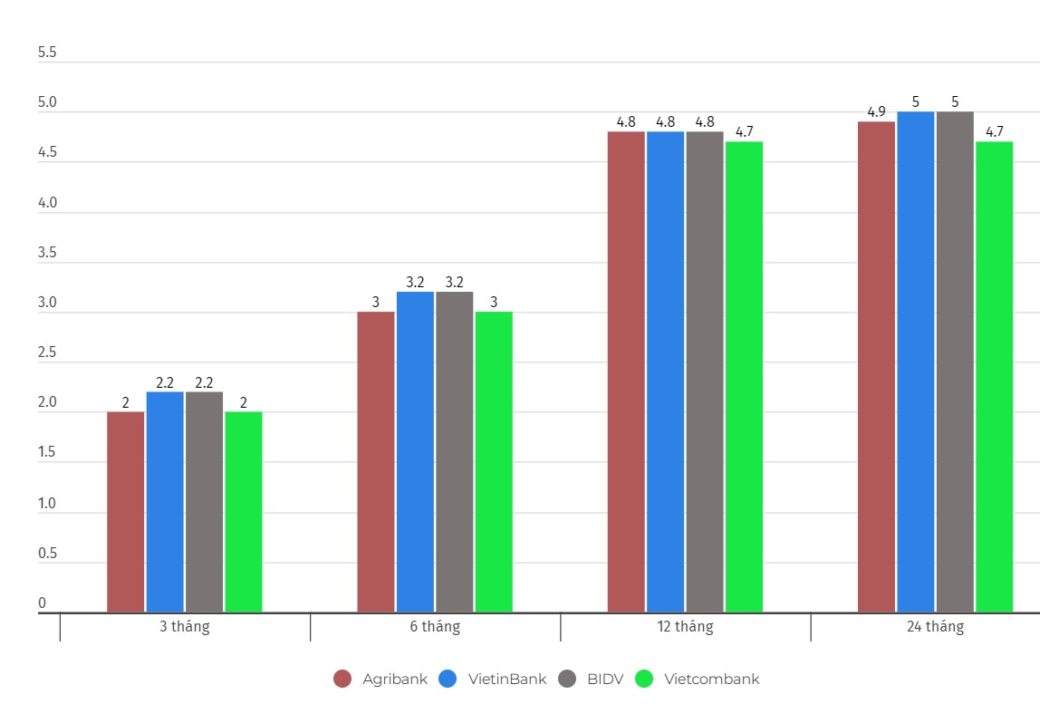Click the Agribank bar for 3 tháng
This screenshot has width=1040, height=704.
(x=125, y=512)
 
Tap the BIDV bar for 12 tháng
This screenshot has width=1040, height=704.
(x=704, y=371)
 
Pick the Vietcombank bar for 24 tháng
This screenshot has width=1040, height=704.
(x=994, y=376)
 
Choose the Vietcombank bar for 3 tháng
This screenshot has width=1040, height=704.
(x=243, y=512)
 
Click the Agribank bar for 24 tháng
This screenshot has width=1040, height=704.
(x=876, y=367)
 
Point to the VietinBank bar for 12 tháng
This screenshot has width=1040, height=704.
(x=665, y=371)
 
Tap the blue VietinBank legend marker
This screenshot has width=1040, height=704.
(x=448, y=679)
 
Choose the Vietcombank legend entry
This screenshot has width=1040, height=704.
(x=711, y=679)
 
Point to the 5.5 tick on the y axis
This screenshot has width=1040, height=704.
(x=47, y=53)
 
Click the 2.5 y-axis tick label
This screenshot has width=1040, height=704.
(x=47, y=352)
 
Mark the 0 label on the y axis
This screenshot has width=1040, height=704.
(x=42, y=603)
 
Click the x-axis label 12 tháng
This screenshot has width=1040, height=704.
(x=686, y=627)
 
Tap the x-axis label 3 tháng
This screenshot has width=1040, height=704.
(x=185, y=627)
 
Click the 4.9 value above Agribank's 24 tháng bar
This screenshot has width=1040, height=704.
(x=876, y=112)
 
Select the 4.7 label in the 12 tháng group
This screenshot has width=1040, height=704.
(x=744, y=132)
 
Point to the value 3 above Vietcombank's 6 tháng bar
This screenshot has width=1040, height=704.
(x=494, y=303)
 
